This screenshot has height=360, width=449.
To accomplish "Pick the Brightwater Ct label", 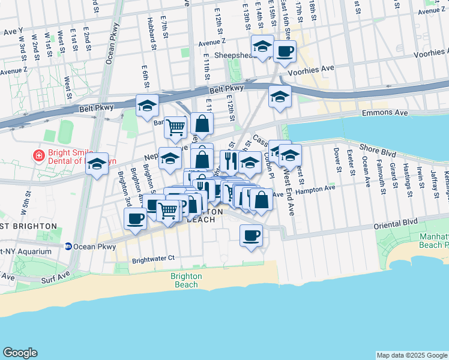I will click(153, 258).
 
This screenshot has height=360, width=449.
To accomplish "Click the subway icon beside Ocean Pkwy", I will click(69, 245).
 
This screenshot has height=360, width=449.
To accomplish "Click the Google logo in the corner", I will click(20, 352).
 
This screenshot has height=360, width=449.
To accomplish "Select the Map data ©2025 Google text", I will click(412, 355).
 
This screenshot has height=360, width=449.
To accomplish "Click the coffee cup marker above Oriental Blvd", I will click(251, 235).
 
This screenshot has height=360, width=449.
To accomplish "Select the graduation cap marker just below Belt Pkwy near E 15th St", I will click(280, 95).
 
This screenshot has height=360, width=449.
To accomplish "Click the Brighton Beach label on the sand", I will click(186, 280).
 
